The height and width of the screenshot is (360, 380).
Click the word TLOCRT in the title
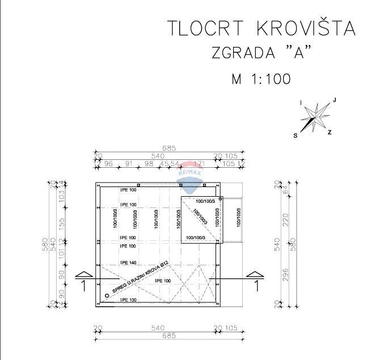(x=205, y=28)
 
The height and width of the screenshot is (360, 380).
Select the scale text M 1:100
(x=261, y=79)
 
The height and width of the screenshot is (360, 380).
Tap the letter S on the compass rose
(x=295, y=135)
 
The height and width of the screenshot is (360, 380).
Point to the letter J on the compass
(x=335, y=100)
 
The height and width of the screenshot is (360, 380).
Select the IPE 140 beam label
(x=128, y=263)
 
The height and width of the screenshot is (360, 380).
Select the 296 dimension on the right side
(x=285, y=274)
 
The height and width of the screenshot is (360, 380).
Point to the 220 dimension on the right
(x=285, y=218)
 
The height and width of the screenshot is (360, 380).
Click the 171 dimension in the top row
(x=199, y=164)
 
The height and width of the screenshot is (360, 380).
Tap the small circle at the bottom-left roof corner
(x=107, y=295)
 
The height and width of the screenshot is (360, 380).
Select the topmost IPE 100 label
(x=128, y=189)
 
